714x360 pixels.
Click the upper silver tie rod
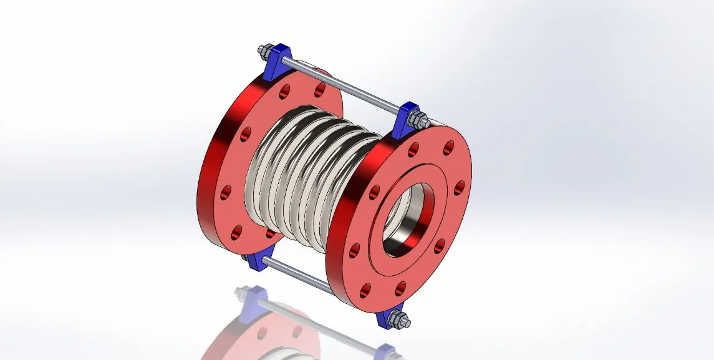pyautogui.click(x=343, y=84)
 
